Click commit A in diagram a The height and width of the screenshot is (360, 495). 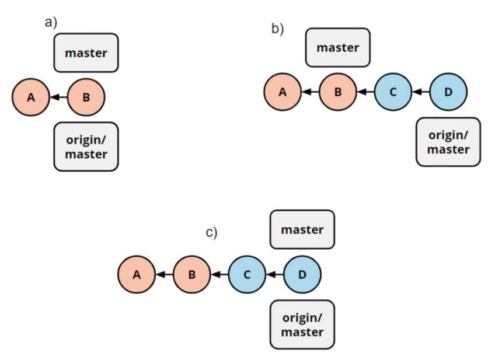tap(30, 97)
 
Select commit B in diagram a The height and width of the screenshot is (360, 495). tap(86, 97)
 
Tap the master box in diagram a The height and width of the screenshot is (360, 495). tap(86, 53)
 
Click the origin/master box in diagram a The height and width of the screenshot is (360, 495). tap(86, 146)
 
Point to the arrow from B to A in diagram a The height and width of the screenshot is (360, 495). tap(58, 97)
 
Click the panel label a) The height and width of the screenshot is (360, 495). tap(51, 23)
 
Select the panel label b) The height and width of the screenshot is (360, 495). tap(277, 29)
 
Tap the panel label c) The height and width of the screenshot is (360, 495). tap(211, 233)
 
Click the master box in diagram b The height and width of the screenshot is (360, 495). tap(337, 47)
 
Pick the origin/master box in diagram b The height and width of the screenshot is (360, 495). tap(448, 142)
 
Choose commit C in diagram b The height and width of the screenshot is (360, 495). tap(393, 92)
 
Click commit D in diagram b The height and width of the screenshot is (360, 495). tap(448, 92)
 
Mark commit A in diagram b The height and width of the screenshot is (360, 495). tap(283, 92)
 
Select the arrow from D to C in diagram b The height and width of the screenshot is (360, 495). tap(420, 92)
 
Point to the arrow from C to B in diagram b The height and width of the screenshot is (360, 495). tap(365, 92)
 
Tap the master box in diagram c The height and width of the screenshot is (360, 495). tap(302, 229)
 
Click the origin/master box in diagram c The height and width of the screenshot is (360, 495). tap(302, 324)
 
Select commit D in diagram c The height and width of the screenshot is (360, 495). tap(302, 274)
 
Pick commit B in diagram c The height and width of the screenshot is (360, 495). tap(191, 274)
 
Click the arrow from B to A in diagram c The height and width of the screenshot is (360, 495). tap(164, 274)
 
